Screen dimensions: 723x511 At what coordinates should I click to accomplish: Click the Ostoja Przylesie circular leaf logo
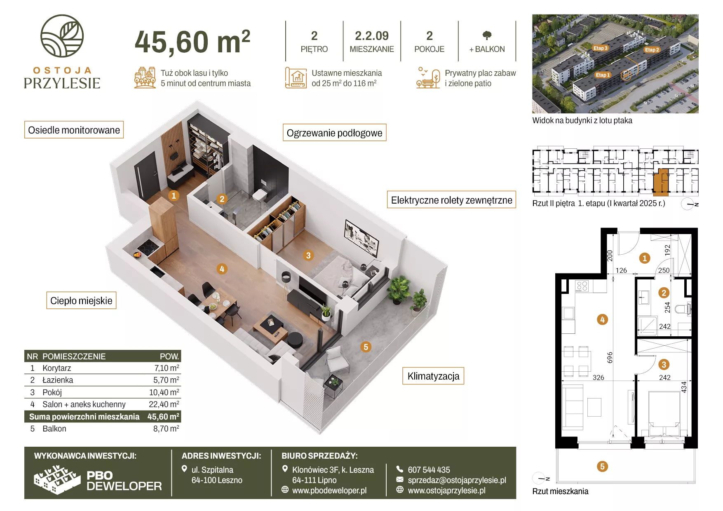click(x=62, y=36)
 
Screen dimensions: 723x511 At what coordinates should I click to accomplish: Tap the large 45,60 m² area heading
click(x=192, y=42)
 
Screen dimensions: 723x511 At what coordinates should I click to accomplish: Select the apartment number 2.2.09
click(x=372, y=36)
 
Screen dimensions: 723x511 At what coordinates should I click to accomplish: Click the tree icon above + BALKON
click(x=487, y=35)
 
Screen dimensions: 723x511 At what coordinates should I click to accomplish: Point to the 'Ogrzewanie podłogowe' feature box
click(x=335, y=133)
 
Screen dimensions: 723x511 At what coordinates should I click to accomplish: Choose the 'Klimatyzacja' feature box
click(x=433, y=376)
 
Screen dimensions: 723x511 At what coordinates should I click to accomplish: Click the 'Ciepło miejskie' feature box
click(x=81, y=300)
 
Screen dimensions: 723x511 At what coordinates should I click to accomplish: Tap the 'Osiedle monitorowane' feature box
click(x=74, y=130)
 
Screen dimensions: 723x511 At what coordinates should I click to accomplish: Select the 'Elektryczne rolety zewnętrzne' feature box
click(x=451, y=200)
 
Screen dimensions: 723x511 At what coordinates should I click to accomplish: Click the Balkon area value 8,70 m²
click(x=166, y=429)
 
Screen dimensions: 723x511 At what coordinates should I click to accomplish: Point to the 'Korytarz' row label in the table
click(x=56, y=368)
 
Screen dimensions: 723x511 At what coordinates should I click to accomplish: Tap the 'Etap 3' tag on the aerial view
click(x=600, y=48)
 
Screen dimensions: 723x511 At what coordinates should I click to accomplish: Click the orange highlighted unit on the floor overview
click(x=661, y=181)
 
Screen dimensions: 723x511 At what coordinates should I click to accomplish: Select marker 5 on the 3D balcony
click(x=366, y=347)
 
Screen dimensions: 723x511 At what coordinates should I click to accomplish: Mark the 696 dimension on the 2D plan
click(x=610, y=357)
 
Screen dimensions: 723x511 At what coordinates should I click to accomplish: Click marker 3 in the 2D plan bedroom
click(x=664, y=365)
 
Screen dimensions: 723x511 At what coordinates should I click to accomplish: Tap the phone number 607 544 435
click(x=429, y=470)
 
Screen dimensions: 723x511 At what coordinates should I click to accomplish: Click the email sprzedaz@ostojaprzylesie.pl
click(x=457, y=480)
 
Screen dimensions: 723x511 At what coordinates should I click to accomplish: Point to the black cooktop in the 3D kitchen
click(x=147, y=247)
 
